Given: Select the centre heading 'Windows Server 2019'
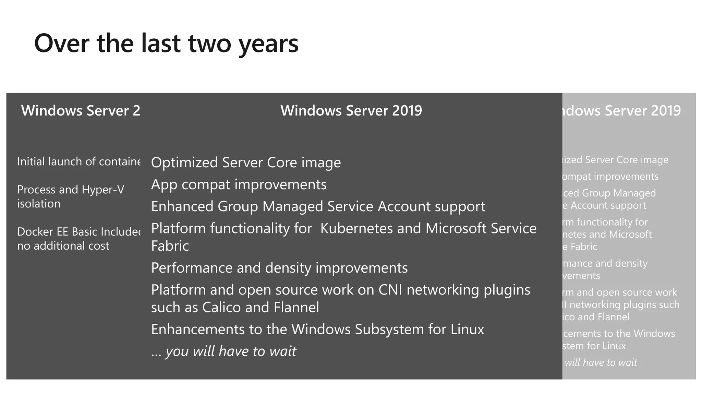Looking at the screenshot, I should coord(351,110).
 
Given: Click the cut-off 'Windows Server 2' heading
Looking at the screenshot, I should coord(81,110).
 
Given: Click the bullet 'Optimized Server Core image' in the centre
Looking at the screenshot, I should coord(246,163).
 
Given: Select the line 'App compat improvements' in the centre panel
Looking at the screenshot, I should coord(239,184).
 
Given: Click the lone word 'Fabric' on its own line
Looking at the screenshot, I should coord(170,246).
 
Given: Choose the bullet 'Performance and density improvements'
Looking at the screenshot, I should coord(279,268).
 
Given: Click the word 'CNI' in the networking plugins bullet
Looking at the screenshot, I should coord(390,290).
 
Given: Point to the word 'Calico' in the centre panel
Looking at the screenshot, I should coord(221,307).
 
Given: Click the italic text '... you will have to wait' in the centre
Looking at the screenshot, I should coord(223,351).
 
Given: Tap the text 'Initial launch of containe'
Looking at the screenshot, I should coord(78,161).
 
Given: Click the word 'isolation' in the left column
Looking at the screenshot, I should coord(39,204).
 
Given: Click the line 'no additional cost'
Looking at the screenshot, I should coord(63,246).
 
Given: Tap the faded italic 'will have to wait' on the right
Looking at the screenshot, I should coord(601,362).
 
